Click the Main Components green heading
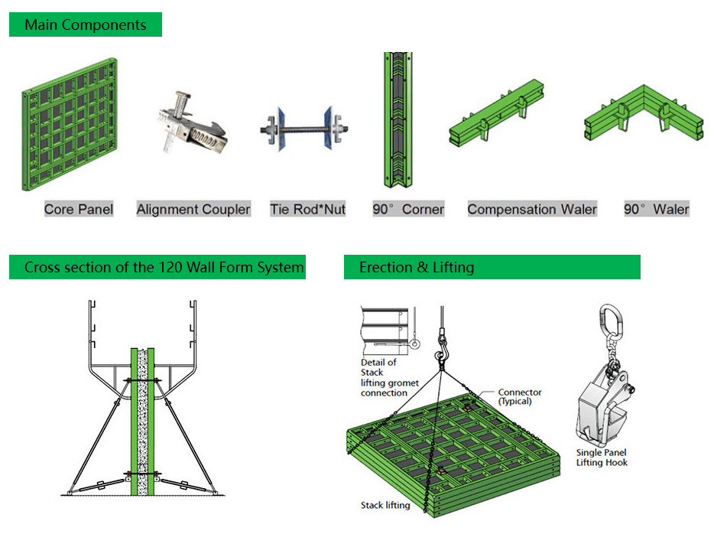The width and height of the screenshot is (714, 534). (85, 24)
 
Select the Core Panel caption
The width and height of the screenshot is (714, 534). (79, 209)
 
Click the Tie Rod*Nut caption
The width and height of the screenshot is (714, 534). (307, 209)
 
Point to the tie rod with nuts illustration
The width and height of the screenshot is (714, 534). (304, 127)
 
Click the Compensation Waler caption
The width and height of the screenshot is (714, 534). (532, 209)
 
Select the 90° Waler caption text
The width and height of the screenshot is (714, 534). (656, 209)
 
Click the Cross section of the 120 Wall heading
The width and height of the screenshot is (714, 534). (157, 267)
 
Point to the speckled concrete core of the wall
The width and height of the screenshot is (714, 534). (142, 421)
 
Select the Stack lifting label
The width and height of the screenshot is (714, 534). (385, 505)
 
